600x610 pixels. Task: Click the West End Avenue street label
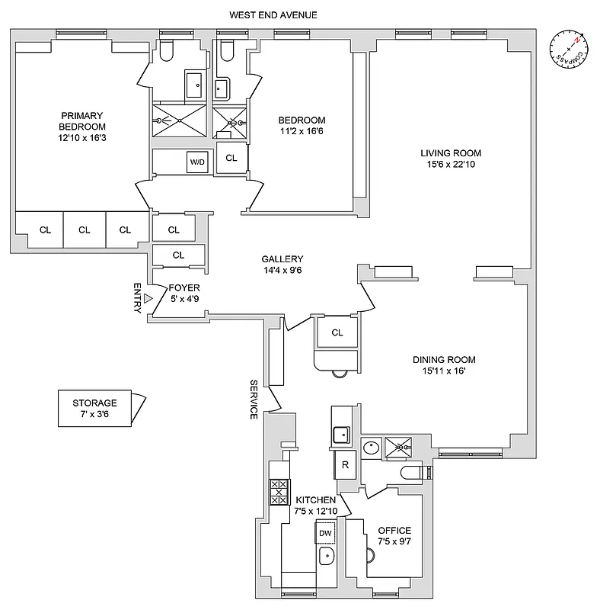coord(275,14)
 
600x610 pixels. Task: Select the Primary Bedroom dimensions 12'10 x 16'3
coord(84,138)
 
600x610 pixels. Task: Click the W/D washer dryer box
coord(196,162)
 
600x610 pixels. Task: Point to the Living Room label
coord(451,152)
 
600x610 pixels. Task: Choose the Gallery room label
coord(282,258)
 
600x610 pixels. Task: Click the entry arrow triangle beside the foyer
coord(149,299)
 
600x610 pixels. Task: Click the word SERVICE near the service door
coord(254,399)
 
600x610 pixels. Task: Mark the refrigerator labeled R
coord(345,464)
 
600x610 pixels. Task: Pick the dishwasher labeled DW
coord(325,533)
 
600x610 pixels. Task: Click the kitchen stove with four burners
coord(278,492)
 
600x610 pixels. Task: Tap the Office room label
coord(394,530)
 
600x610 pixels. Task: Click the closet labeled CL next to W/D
coord(231,159)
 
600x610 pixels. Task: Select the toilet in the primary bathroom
coord(169,50)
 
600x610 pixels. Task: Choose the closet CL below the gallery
coord(337,332)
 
